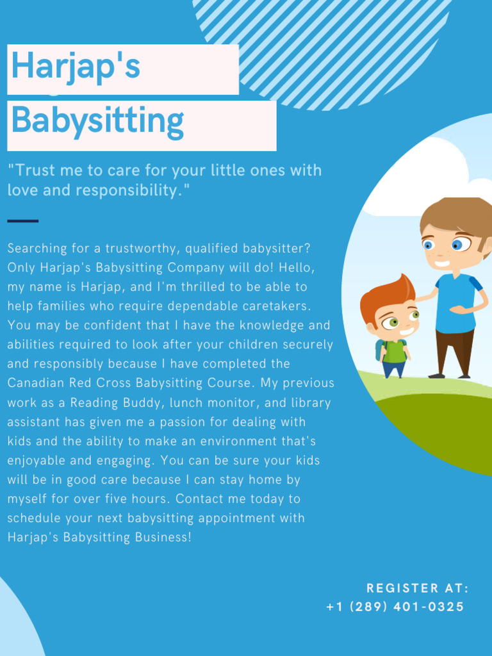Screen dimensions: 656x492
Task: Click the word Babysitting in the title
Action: point(97,120)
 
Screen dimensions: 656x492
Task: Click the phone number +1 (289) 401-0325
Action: point(395,607)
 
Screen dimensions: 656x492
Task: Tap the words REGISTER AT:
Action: point(418,588)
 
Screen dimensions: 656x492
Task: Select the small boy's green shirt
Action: point(394,350)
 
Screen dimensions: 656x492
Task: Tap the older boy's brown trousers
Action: point(454,351)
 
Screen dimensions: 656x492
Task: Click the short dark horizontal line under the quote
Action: point(22,221)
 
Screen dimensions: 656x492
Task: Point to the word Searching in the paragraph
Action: point(36,248)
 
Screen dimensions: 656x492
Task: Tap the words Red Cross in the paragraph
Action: point(106,383)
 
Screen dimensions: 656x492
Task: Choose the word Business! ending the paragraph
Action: point(163,537)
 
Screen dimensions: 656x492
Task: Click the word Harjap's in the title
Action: point(76,67)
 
